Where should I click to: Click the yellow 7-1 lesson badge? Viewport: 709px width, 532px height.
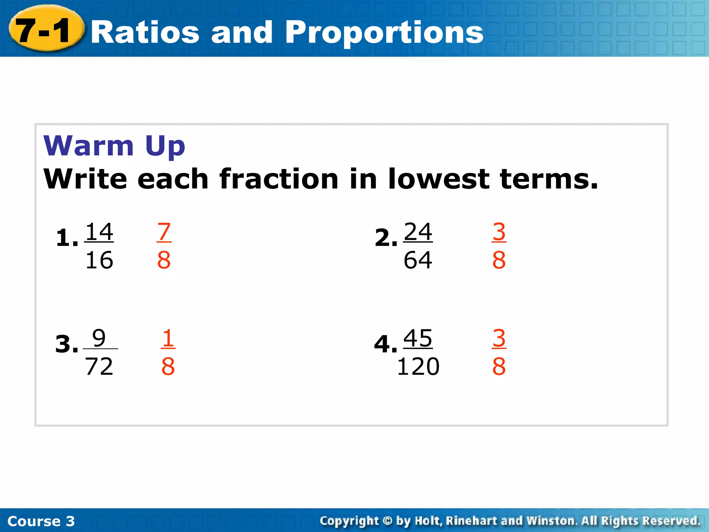pos(45,29)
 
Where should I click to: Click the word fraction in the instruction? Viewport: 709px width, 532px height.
pos(279,179)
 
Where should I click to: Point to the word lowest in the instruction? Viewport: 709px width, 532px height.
pos(439,179)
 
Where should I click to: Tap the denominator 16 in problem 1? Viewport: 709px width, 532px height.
pos(99,260)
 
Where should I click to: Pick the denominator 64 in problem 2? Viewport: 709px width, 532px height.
pos(418,260)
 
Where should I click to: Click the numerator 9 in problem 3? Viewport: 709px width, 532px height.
pos(99,338)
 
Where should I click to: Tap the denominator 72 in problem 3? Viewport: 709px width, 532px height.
pos(99,366)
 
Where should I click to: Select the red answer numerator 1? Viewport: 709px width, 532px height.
pos(168,338)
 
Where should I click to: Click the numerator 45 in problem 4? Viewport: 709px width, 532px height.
pos(418,338)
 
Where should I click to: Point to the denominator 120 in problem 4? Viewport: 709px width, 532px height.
pos(418,366)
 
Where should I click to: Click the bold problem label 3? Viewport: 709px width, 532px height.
pos(64,345)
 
